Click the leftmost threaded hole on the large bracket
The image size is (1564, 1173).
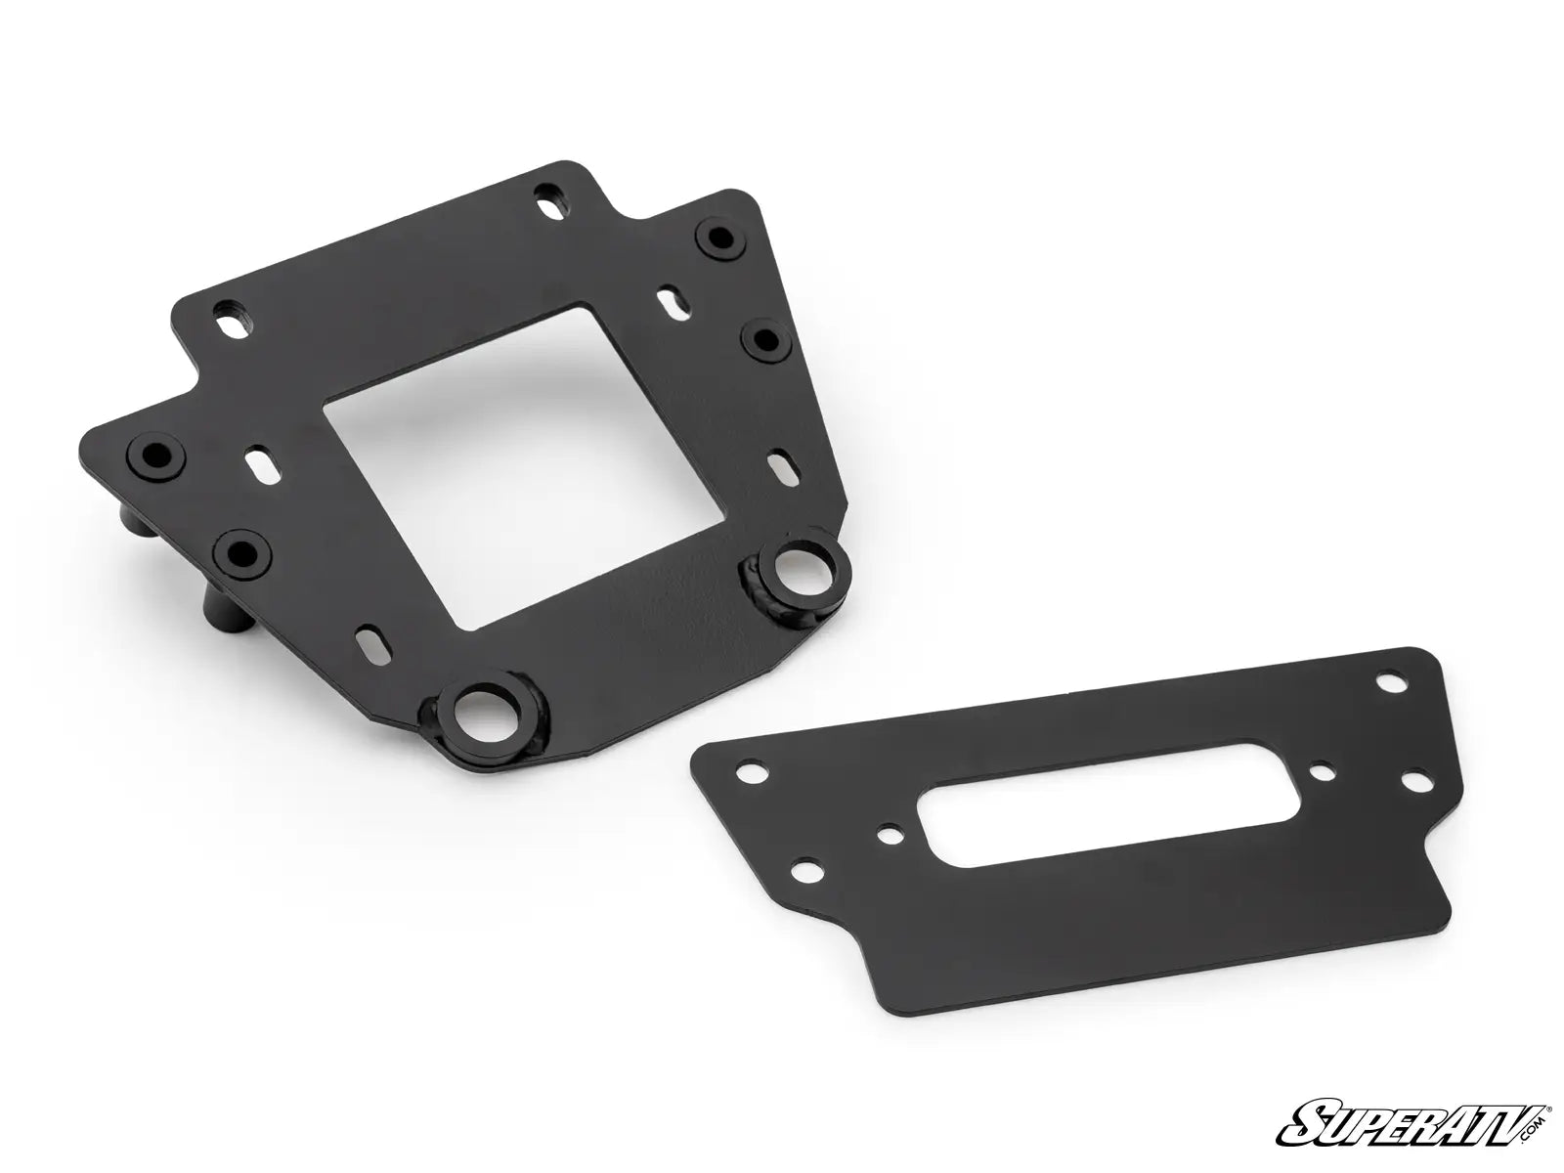point(153,454)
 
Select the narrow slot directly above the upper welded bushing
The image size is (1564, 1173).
point(782,458)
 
